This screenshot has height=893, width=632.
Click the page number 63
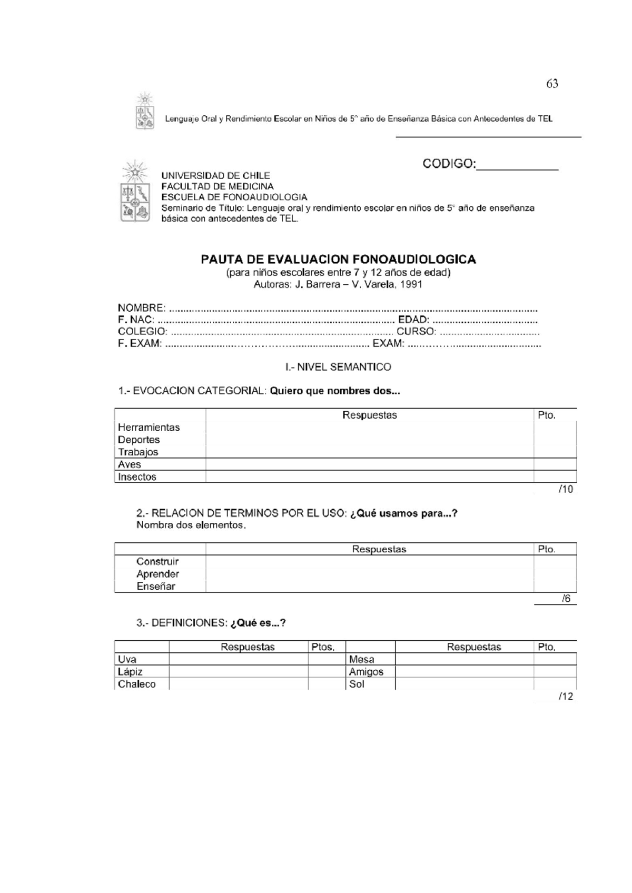pyautogui.click(x=552, y=84)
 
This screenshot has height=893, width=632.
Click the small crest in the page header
pyautogui.click(x=145, y=112)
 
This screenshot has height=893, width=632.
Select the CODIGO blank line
pyautogui.click(x=517, y=167)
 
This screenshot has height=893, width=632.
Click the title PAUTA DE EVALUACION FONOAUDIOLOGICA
pyautogui.click(x=338, y=259)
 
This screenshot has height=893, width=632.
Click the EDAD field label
pyautogui.click(x=413, y=320)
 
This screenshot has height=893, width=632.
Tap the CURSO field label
pyautogui.click(x=416, y=332)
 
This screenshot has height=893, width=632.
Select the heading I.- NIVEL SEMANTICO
pyautogui.click(x=338, y=367)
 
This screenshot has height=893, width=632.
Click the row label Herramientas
pyautogui.click(x=149, y=428)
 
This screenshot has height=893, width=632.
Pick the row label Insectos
pyautogui.click(x=137, y=477)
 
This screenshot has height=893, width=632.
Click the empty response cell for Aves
pyautogui.click(x=369, y=464)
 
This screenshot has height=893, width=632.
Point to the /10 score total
pyautogui.click(x=566, y=490)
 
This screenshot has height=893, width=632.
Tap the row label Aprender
pyautogui.click(x=157, y=574)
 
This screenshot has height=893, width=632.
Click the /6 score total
pyautogui.click(x=566, y=599)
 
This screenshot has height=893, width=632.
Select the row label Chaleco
pyautogui.click(x=136, y=684)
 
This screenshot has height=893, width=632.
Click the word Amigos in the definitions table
pyautogui.click(x=366, y=672)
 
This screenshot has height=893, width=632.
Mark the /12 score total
pyautogui.click(x=566, y=697)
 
